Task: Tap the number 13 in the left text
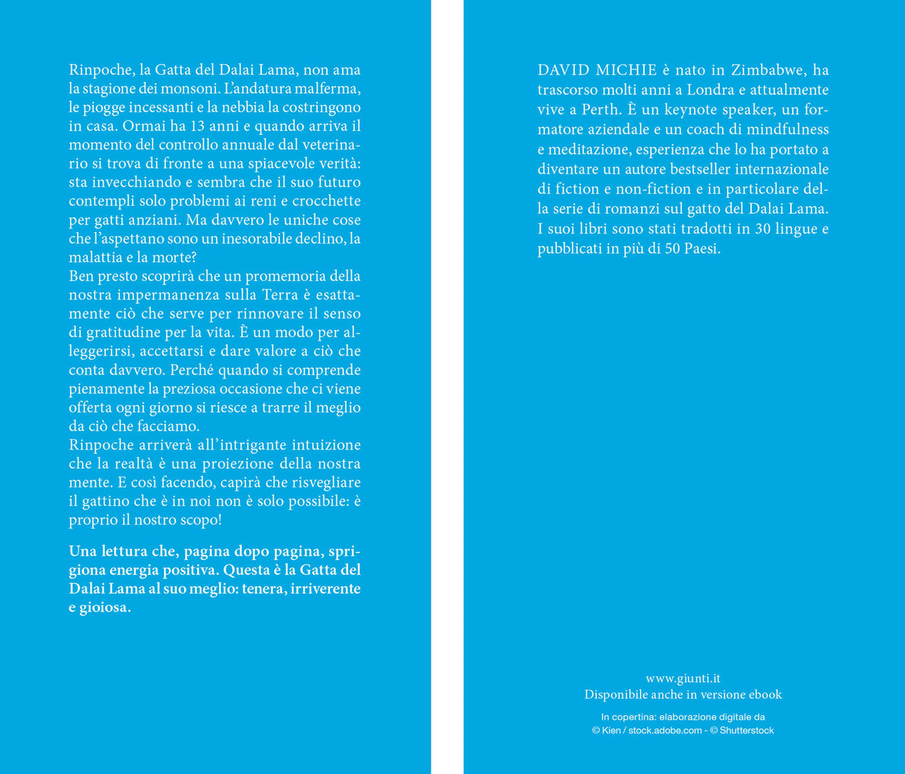tap(197, 126)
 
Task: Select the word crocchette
tap(326, 201)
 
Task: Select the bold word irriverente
tap(326, 589)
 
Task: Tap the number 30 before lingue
tap(762, 229)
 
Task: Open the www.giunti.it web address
tap(683, 678)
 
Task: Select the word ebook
tap(764, 694)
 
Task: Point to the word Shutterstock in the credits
tap(747, 731)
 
